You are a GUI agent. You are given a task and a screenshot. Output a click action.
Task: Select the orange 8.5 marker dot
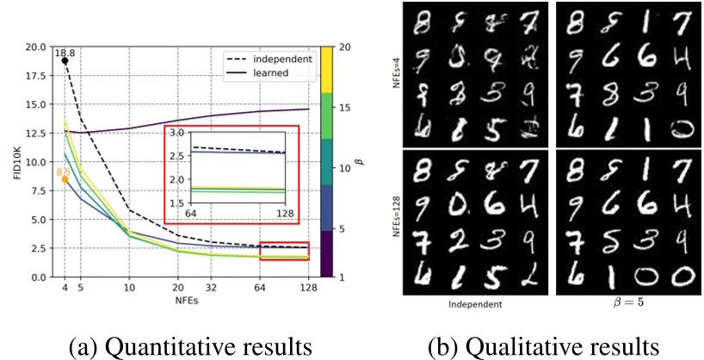coord(65,179)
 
